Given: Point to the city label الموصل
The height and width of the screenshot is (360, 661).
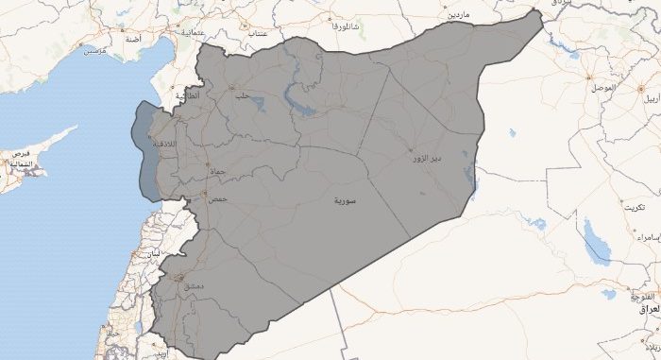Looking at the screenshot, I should pos(601,88).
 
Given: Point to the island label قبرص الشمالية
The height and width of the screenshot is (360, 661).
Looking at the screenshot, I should pos(20,159).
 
